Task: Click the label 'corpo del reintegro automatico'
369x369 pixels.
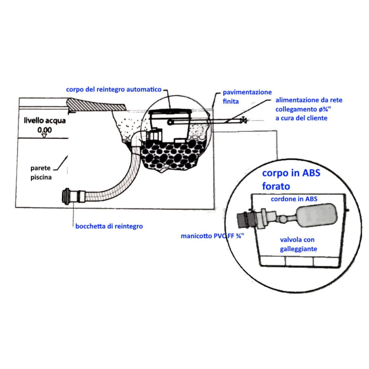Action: (x=113, y=89)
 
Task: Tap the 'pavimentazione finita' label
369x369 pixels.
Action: (x=247, y=97)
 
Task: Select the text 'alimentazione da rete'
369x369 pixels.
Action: (x=309, y=100)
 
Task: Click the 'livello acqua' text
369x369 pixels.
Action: (x=45, y=120)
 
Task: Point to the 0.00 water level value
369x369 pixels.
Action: (x=45, y=130)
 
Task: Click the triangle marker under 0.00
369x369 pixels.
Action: (x=44, y=136)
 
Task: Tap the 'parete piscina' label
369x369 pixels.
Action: (x=41, y=173)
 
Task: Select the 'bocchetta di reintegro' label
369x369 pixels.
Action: (x=109, y=226)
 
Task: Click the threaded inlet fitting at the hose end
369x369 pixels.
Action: (x=70, y=196)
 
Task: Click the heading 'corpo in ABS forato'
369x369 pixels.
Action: (x=291, y=179)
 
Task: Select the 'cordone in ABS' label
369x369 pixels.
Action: (x=294, y=199)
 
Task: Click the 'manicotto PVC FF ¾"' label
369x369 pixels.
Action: (x=212, y=236)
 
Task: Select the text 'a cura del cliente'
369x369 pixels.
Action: (x=301, y=118)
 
